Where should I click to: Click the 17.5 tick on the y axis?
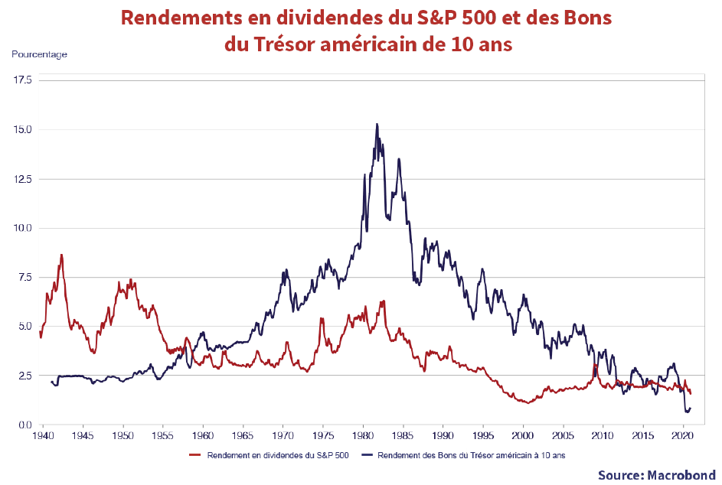21,80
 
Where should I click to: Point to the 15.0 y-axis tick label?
21,129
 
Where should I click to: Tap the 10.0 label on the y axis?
21,228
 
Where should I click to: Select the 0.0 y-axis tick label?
23,425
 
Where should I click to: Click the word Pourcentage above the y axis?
39,54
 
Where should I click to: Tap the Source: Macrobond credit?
656,474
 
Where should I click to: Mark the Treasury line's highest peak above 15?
377,124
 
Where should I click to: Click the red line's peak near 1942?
61,255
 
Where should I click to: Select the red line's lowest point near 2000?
525,402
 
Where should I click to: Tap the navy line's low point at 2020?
687,412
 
